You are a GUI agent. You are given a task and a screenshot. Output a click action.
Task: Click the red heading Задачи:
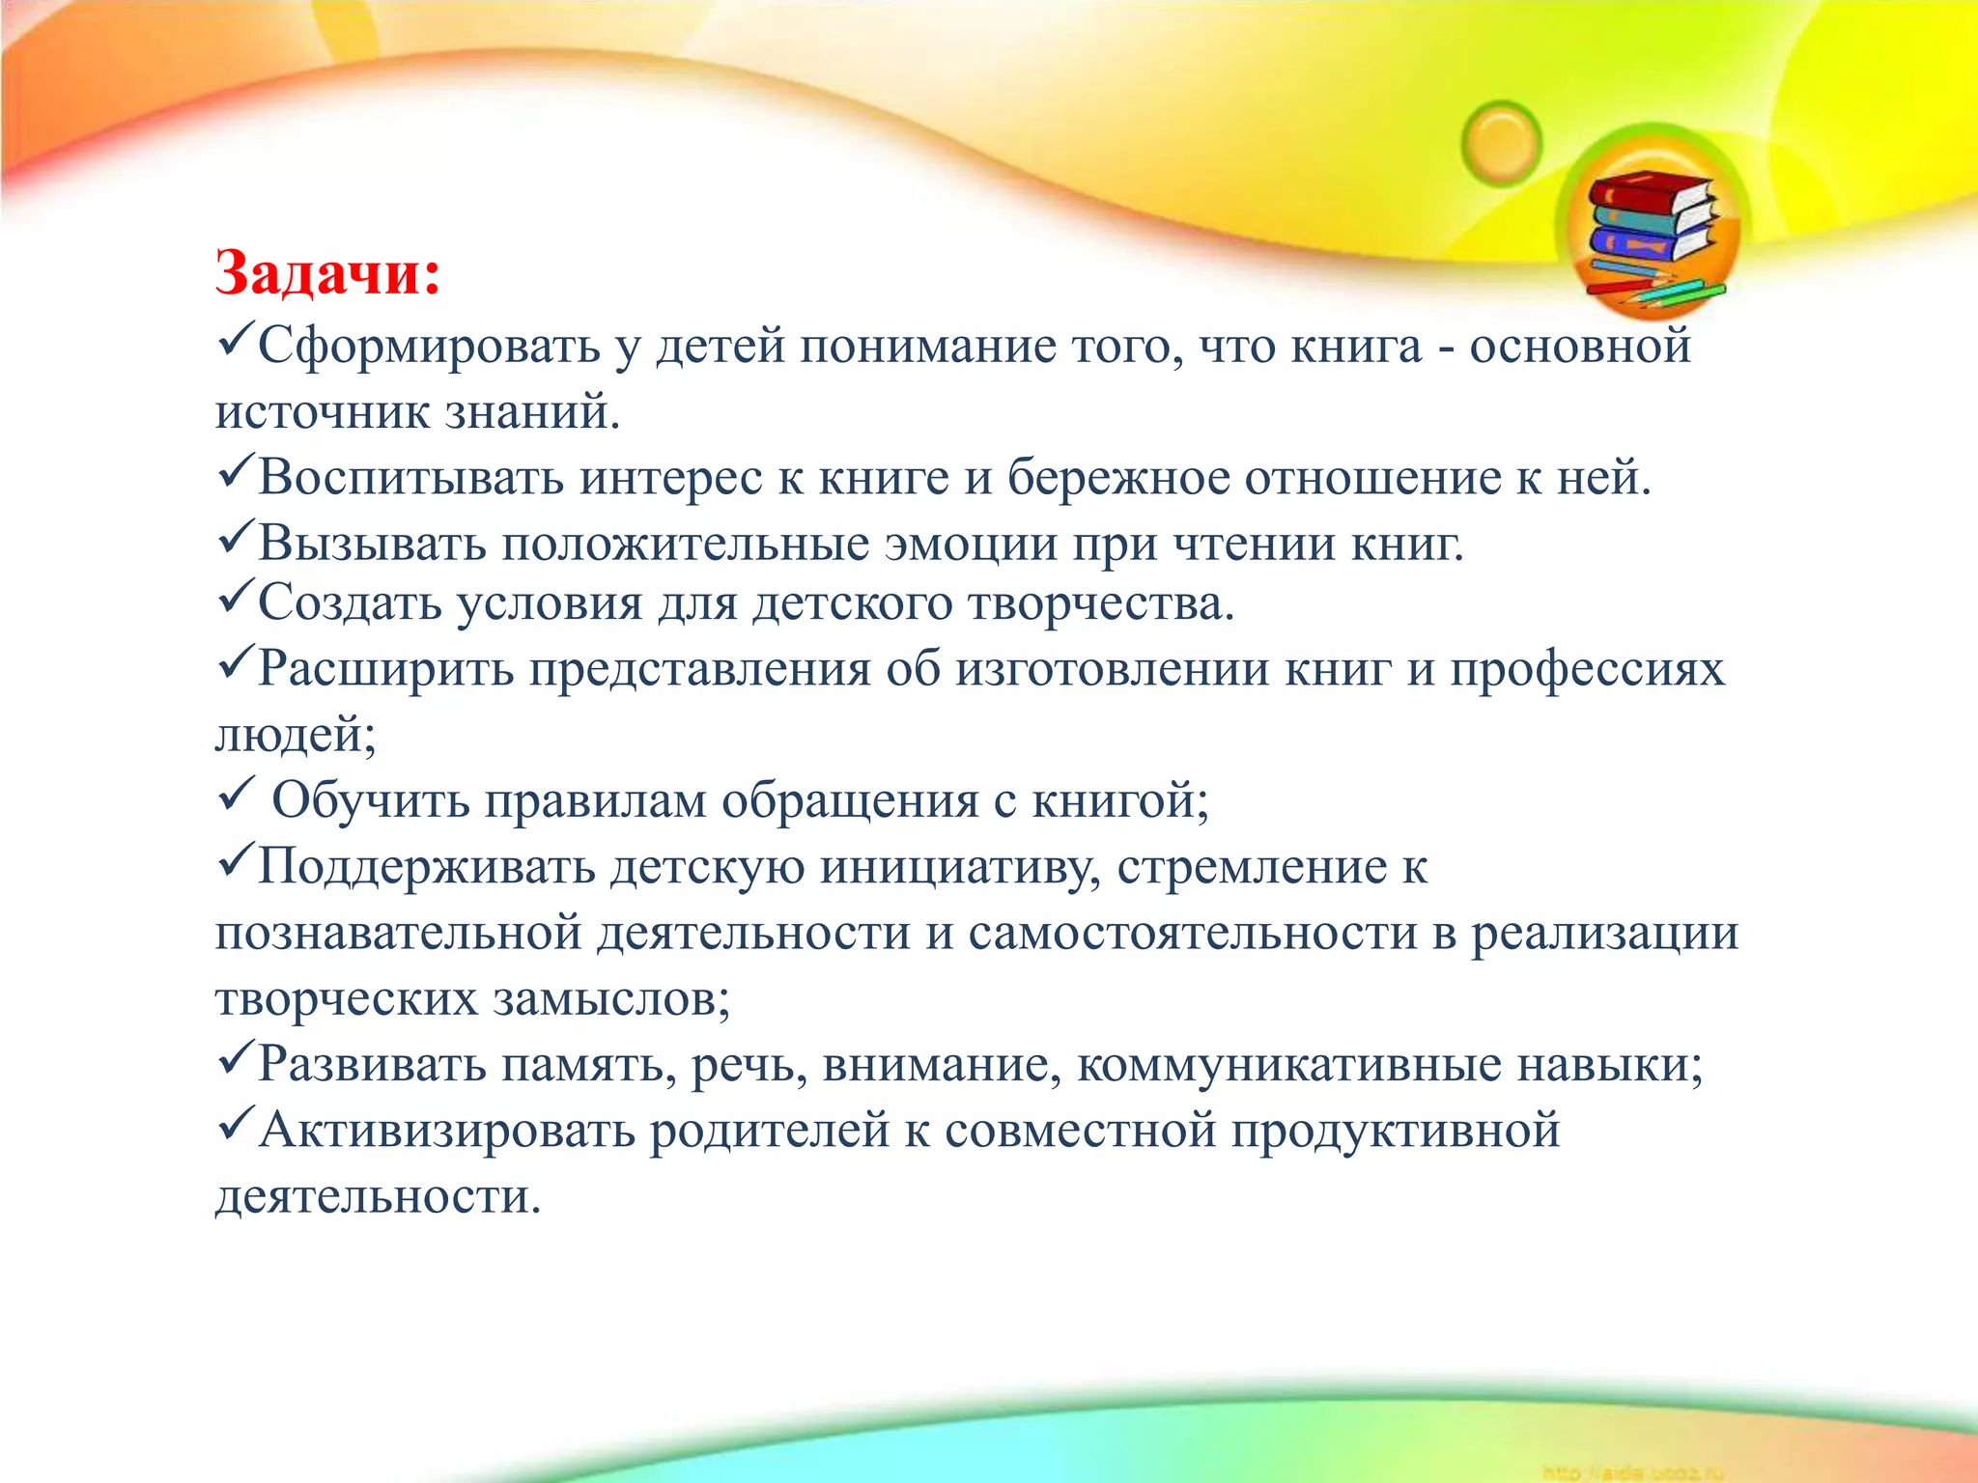[x=327, y=273]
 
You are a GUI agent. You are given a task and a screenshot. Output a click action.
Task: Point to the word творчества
[x=1101, y=603]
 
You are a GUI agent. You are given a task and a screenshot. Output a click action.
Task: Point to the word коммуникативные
[x=1288, y=1064]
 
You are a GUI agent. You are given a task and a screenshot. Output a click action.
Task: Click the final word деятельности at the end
[x=377, y=1197]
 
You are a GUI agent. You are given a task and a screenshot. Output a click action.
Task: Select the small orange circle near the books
[x=1501, y=144]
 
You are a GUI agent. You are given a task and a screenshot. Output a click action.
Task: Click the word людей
[x=294, y=735]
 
